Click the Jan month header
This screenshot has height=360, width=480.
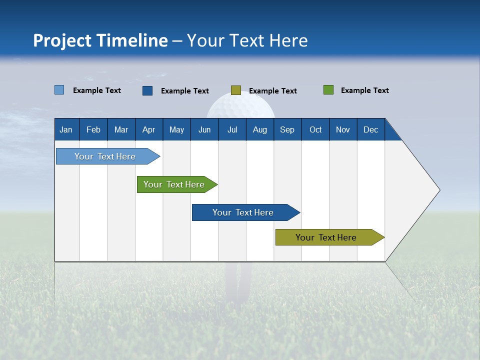(x=66, y=129)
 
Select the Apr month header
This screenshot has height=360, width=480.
(x=148, y=129)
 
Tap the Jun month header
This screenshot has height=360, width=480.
(x=204, y=129)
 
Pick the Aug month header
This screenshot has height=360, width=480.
(x=259, y=129)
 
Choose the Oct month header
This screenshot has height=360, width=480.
(x=315, y=129)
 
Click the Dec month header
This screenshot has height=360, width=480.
(x=370, y=129)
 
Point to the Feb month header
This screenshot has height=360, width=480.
(x=93, y=129)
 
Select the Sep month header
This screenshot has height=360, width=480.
(x=287, y=129)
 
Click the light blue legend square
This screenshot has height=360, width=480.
(x=59, y=90)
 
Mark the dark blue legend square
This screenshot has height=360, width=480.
(x=147, y=90)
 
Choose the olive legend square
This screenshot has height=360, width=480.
(x=236, y=90)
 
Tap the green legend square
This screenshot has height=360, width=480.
(x=328, y=90)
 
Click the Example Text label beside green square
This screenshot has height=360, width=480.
(x=364, y=90)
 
